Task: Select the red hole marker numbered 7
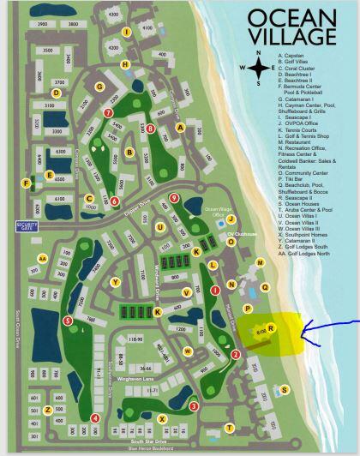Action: (x=108, y=112)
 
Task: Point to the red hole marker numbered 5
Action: (x=68, y=321)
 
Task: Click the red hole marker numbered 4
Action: (x=95, y=417)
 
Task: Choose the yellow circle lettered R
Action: (x=271, y=327)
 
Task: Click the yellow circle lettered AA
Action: (x=42, y=256)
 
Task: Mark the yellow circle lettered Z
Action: (x=48, y=410)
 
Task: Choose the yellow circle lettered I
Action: (x=127, y=32)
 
